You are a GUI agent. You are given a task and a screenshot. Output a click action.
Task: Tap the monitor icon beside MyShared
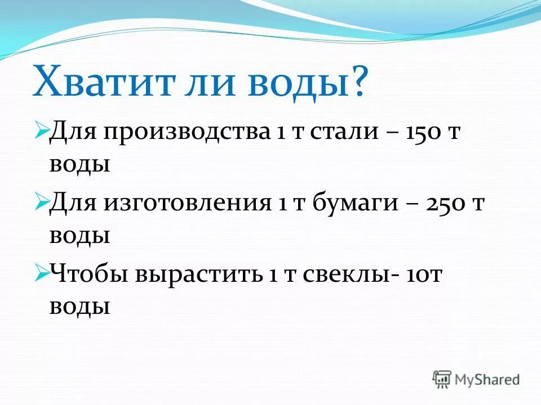tap(443, 379)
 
